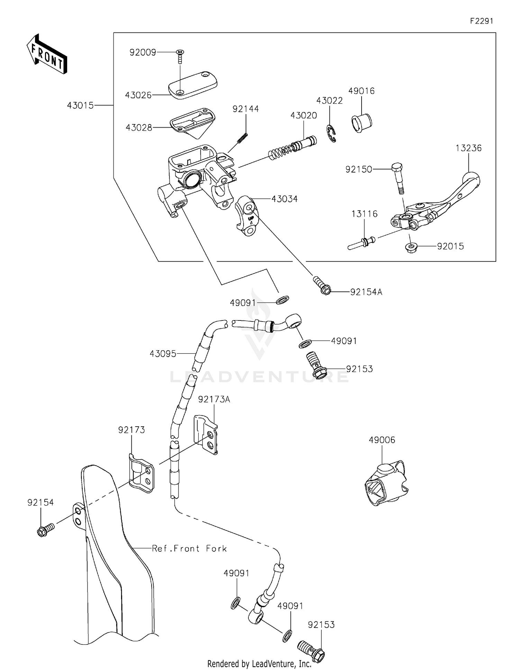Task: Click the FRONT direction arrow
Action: (x=47, y=54)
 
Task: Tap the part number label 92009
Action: (x=143, y=52)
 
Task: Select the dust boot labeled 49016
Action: (x=361, y=122)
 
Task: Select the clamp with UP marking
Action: (x=246, y=217)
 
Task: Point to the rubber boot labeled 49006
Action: (x=385, y=484)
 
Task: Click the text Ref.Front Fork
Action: (x=189, y=548)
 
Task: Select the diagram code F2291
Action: (x=481, y=21)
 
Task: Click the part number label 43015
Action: (x=80, y=105)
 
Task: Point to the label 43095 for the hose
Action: (x=163, y=354)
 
